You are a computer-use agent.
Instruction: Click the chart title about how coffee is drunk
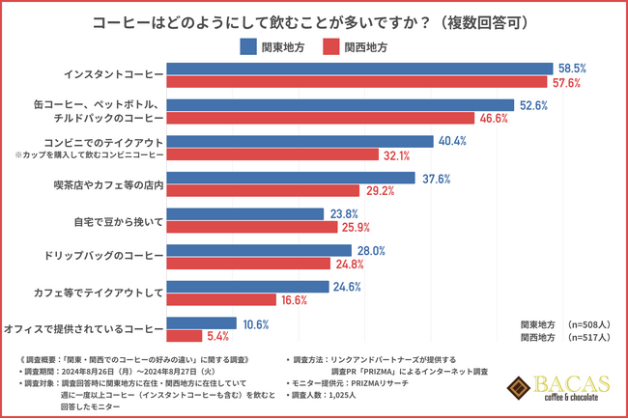point(315,20)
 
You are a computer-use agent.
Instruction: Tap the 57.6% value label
point(567,82)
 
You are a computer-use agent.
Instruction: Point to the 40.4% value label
point(453,141)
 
